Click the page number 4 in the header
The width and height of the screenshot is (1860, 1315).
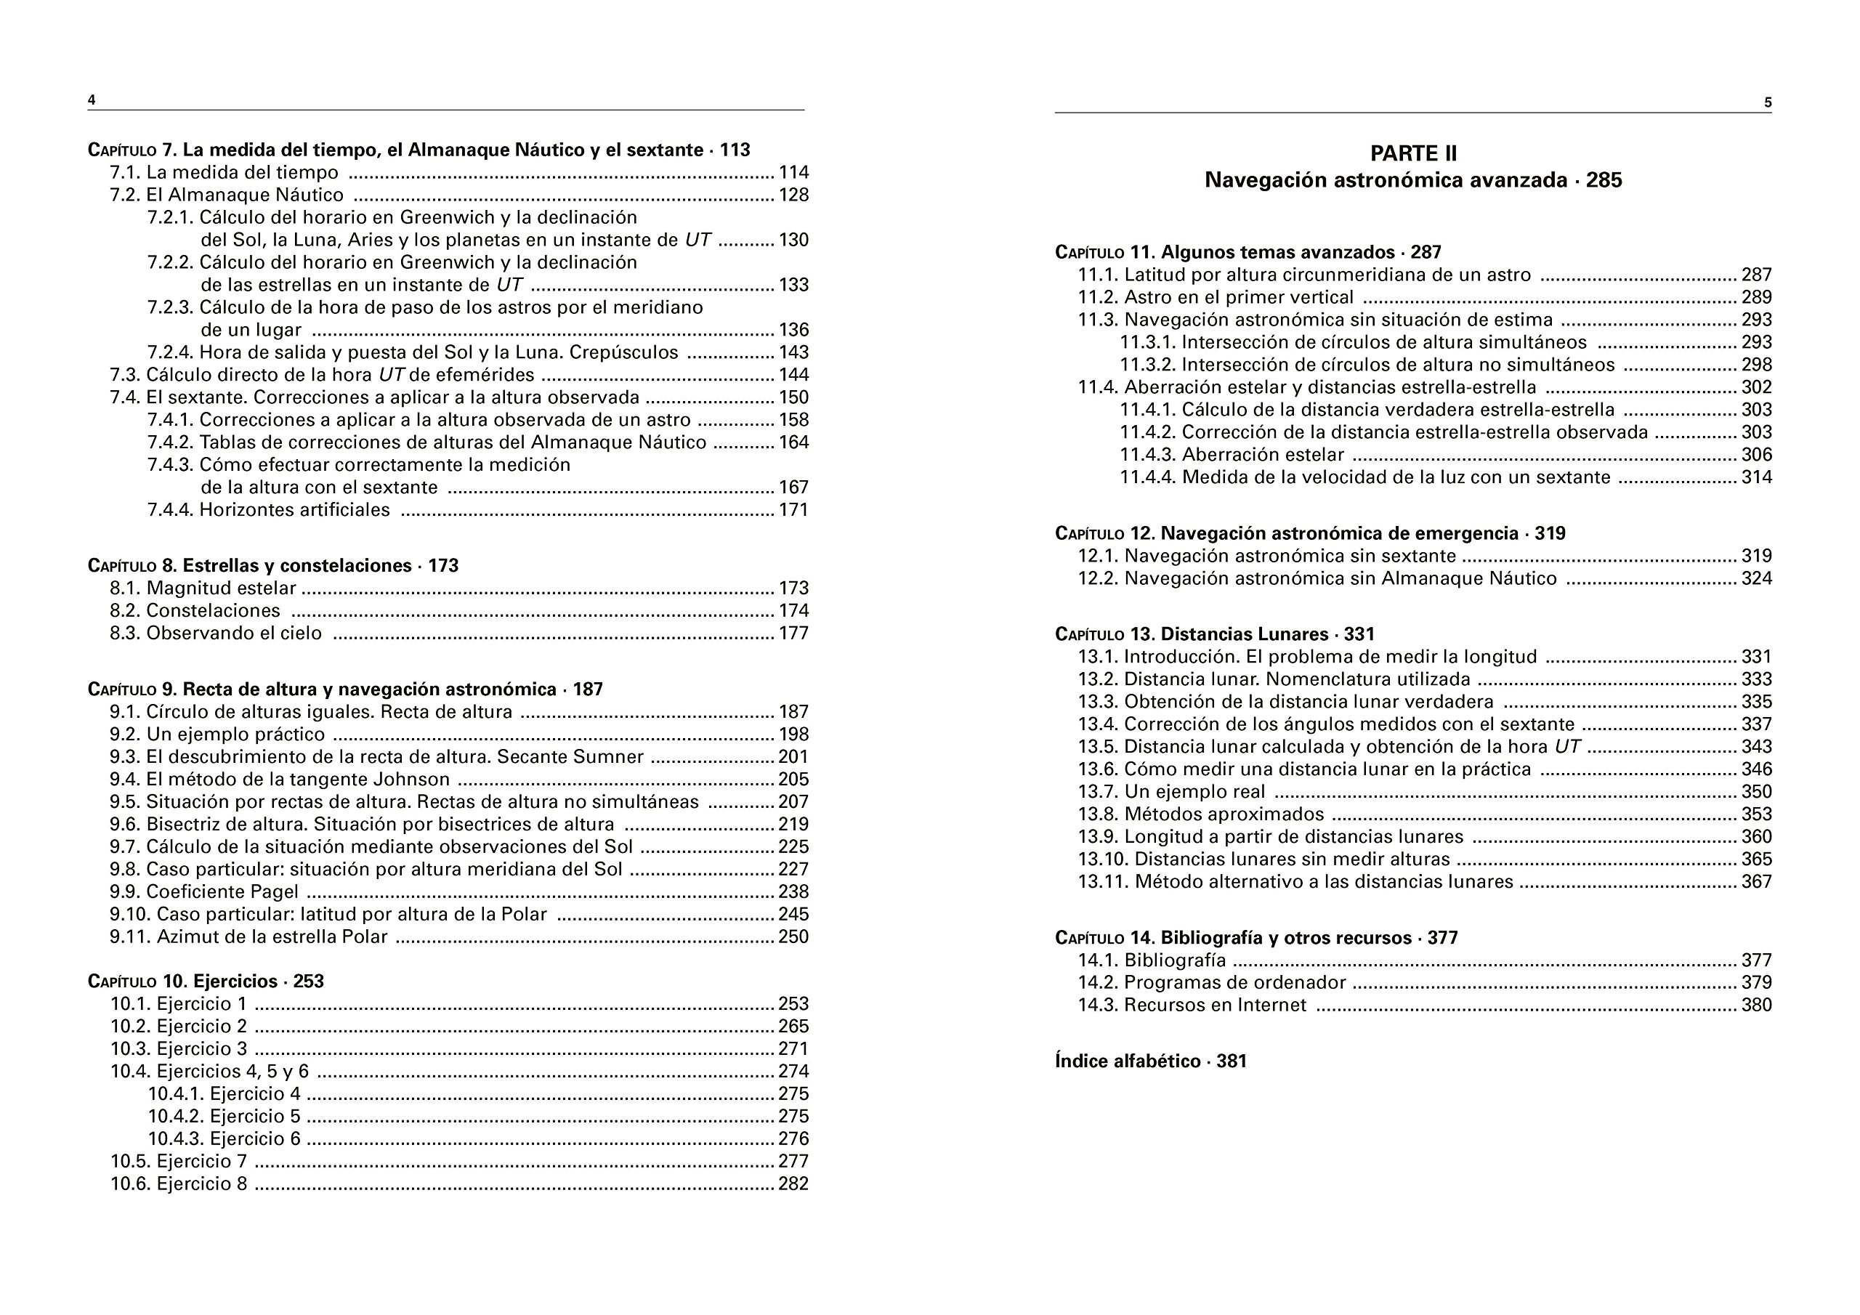(x=92, y=100)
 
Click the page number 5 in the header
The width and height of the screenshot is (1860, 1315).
(x=1768, y=103)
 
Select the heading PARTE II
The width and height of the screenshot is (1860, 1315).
(x=1413, y=153)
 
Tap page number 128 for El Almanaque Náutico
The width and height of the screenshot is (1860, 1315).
(x=793, y=195)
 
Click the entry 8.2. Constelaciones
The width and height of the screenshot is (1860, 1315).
(x=195, y=611)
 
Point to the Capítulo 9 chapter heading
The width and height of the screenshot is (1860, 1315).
(x=345, y=689)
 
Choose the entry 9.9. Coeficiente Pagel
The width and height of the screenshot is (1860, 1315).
(x=204, y=892)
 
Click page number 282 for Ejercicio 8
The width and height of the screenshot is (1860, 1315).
(x=793, y=1183)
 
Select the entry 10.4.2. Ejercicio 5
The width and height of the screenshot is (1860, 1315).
(x=224, y=1117)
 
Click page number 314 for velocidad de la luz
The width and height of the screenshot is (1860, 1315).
(x=1756, y=477)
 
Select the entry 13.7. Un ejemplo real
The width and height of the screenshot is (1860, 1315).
(x=1171, y=792)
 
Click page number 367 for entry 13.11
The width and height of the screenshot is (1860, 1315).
(x=1756, y=881)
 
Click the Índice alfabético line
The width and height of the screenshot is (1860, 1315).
(x=1150, y=1061)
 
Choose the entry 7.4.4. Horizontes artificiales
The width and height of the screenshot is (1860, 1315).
(x=268, y=511)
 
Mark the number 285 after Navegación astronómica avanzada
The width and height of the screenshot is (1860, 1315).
(x=1604, y=180)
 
